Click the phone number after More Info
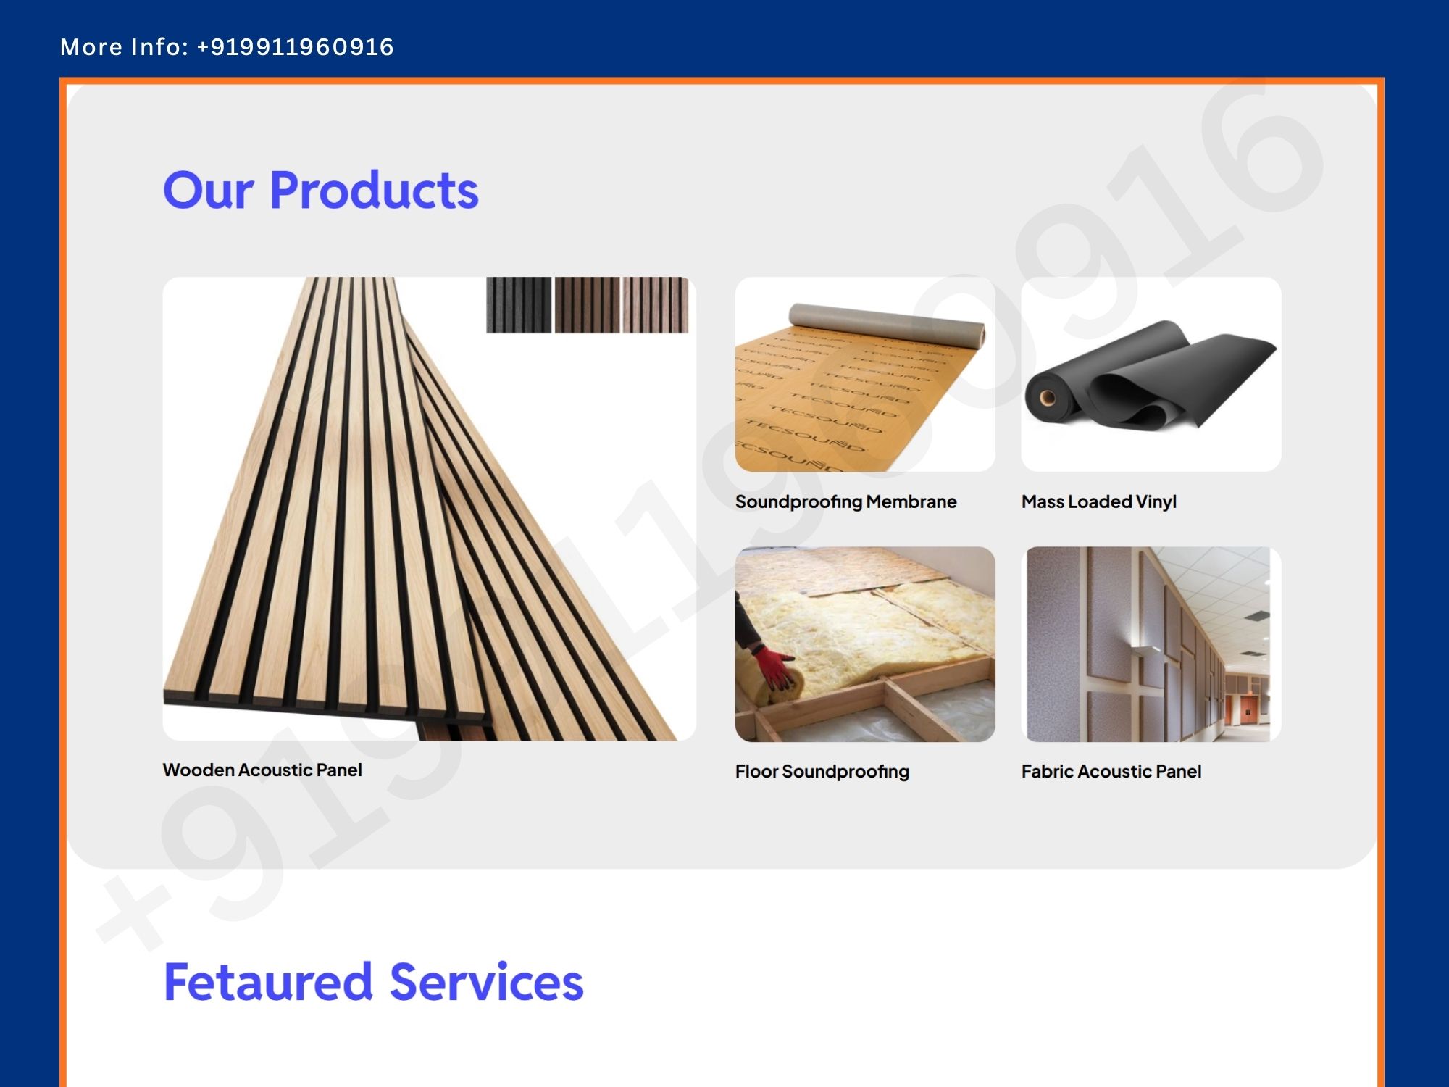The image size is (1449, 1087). pyautogui.click(x=295, y=47)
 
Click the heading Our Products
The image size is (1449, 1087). pyautogui.click(x=321, y=190)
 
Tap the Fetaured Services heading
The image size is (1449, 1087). pyautogui.click(x=374, y=982)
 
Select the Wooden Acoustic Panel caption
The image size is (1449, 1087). pyautogui.click(x=262, y=770)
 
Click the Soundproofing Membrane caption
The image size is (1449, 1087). pyautogui.click(x=845, y=502)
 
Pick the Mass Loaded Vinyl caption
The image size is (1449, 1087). pyautogui.click(x=1098, y=502)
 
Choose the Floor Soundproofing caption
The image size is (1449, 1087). pyautogui.click(x=822, y=772)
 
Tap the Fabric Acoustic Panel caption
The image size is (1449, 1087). pyautogui.click(x=1111, y=771)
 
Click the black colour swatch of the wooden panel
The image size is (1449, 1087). pyautogui.click(x=519, y=305)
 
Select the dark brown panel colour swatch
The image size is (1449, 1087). pyautogui.click(x=587, y=305)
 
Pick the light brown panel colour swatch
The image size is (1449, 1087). pyautogui.click(x=655, y=305)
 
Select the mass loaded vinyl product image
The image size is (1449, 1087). pyautogui.click(x=1151, y=374)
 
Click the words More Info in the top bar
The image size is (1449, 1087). pyautogui.click(x=124, y=47)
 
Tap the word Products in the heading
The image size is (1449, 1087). pyautogui.click(x=374, y=190)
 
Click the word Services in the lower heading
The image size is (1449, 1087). pyautogui.click(x=487, y=982)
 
